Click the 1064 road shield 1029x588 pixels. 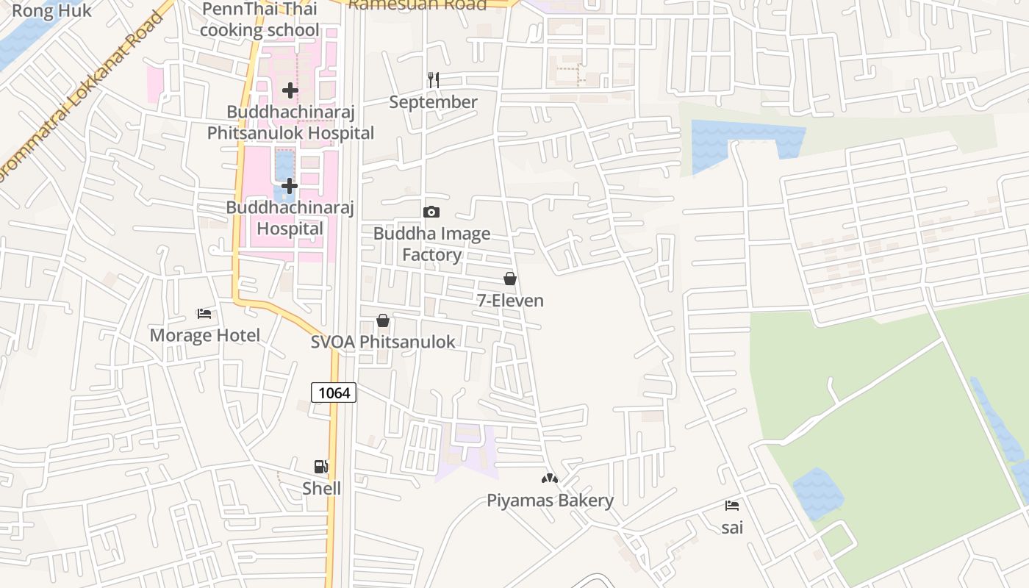coord(334,392)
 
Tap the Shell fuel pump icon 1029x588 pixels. coord(321,467)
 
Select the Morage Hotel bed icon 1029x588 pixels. coord(204,314)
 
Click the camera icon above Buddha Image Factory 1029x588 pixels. coord(431,212)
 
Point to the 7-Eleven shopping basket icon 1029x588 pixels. coord(510,279)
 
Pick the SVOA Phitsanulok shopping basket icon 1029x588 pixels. coord(383,320)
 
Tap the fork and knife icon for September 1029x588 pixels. coord(434,80)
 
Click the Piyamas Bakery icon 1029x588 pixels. coord(550,478)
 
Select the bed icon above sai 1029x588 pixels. coord(732,506)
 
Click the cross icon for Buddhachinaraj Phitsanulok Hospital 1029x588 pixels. coord(290,90)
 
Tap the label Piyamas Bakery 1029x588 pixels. coord(550,501)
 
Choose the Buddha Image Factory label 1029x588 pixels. coord(431,244)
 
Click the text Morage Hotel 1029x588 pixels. coord(205,336)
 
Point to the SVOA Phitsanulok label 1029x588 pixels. coord(383,342)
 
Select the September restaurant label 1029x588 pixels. coord(433,102)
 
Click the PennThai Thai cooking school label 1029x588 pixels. coord(259,19)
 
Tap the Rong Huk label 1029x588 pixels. coord(52,10)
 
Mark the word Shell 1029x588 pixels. coord(322,488)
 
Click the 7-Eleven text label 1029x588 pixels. coord(510,301)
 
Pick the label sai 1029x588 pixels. coord(732,527)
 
